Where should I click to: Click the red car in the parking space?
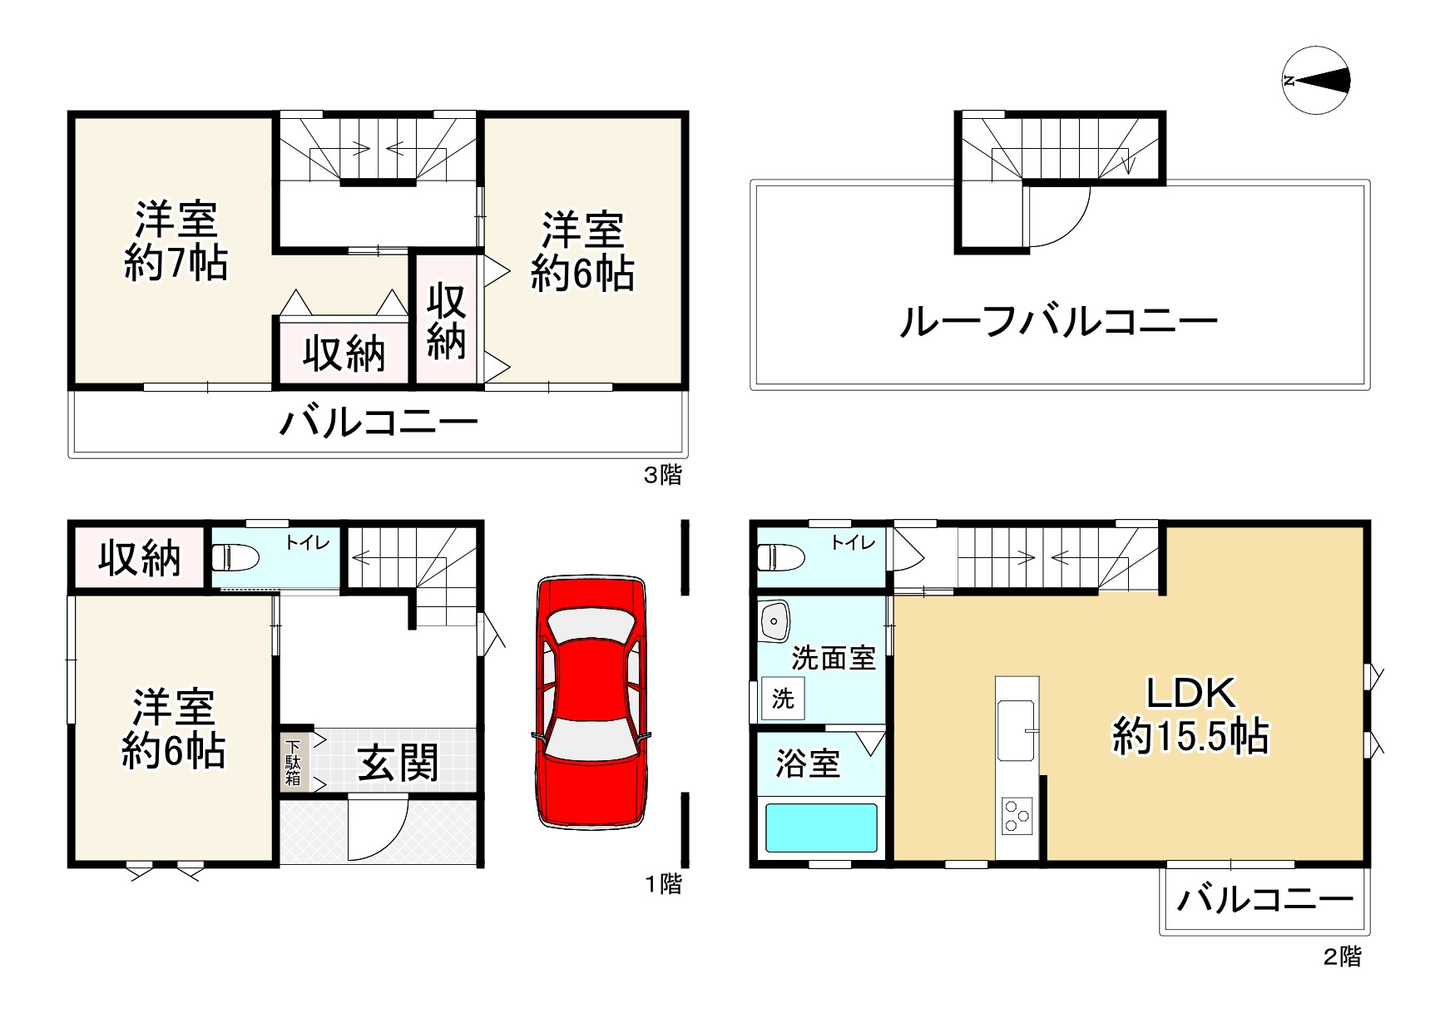point(591,700)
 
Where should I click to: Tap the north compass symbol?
point(1315,81)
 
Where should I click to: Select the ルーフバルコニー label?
point(1058,321)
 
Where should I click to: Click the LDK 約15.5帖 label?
point(1190,715)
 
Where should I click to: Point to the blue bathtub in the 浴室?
point(821,827)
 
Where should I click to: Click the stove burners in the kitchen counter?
point(1017,814)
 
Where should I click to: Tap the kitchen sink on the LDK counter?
point(1017,729)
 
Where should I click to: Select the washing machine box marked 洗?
point(783,699)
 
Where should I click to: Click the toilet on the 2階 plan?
point(780,556)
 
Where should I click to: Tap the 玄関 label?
point(398,763)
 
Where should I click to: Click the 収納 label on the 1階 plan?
point(139,557)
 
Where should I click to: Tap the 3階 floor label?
point(663,475)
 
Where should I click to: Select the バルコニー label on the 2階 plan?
point(1264,899)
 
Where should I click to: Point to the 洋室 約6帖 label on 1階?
point(173,729)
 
